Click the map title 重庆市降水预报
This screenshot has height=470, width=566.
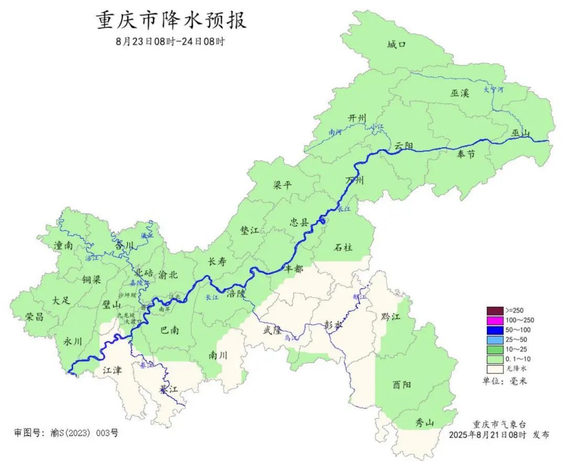point(171,20)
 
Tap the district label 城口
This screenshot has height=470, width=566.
point(397,45)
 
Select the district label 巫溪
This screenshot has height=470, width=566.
point(460,93)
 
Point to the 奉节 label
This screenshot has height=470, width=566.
point(465,153)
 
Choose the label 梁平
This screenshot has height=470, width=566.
point(282,185)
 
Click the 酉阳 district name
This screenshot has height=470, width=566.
point(402,384)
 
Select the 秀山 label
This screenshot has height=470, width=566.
point(424,423)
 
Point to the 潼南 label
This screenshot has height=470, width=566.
point(63,245)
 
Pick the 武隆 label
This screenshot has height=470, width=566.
point(273,330)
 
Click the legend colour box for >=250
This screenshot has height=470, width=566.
point(495,310)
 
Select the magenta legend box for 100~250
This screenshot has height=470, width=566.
point(495,320)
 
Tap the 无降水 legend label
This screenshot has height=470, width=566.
point(516,369)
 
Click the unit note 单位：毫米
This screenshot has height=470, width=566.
point(504,381)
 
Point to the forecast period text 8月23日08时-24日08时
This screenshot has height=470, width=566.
point(171,41)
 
